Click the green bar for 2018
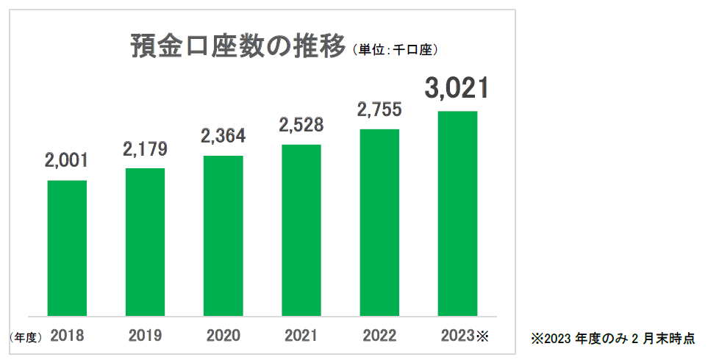click(x=67, y=248)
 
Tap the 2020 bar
click(x=223, y=236)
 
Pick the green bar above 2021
click(x=301, y=230)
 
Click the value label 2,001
click(x=67, y=161)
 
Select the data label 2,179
click(x=145, y=149)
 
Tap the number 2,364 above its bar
click(x=223, y=136)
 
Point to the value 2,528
click(x=301, y=125)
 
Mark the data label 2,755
click(x=379, y=109)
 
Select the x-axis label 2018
click(x=67, y=336)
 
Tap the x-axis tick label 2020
click(x=223, y=336)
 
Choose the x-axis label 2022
click(x=379, y=336)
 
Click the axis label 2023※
click(x=464, y=336)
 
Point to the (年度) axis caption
click(x=26, y=337)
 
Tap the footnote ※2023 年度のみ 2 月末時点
click(x=612, y=339)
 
